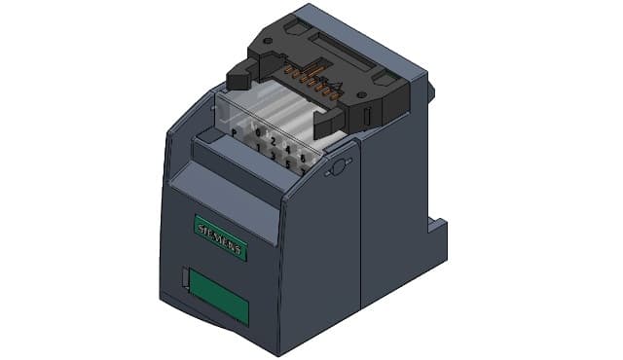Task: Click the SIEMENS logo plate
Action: pos(221,237)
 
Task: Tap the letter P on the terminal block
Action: pos(234,131)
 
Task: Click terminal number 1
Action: pos(258,147)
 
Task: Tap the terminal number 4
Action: pos(289,149)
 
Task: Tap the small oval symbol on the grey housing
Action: pos(338,167)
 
